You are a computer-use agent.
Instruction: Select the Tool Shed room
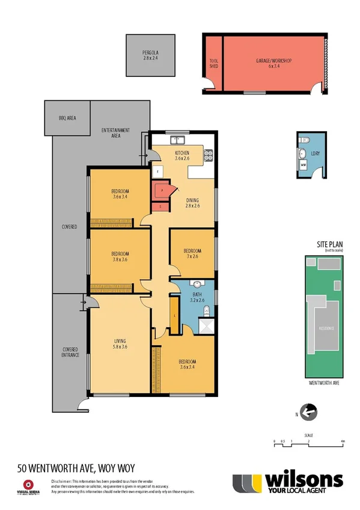(213, 64)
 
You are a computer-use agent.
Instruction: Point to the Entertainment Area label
(115, 133)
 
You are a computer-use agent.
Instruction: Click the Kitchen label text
(182, 153)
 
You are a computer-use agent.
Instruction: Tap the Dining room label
(192, 202)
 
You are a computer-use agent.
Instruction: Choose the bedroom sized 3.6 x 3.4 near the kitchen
(121, 193)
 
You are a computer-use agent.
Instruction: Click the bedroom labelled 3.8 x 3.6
(121, 257)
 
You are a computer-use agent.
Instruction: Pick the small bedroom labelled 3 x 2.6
(192, 253)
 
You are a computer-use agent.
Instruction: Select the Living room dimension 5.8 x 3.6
(121, 347)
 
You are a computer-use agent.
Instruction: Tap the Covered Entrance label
(70, 353)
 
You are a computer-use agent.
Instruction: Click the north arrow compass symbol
(310, 413)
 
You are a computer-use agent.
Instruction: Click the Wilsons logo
(288, 484)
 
